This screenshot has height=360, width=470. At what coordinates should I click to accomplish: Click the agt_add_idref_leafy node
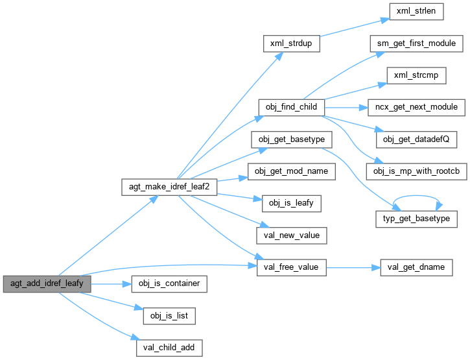pos(46,283)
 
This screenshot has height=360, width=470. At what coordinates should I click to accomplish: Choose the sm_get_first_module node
pos(416,43)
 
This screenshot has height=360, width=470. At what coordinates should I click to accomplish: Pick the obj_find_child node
pos(291,106)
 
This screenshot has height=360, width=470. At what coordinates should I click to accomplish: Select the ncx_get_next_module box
pos(416,106)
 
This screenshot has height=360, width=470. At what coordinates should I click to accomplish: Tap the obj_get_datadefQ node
pos(416,138)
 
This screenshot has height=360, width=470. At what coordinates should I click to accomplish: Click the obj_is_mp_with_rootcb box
pos(416,170)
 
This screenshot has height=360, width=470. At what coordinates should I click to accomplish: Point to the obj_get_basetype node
pos(291,138)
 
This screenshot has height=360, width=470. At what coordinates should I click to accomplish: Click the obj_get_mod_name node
pos(291,170)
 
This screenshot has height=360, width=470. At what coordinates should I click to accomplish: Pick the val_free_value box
pos(291,265)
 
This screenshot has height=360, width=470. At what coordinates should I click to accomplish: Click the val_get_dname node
pos(416,265)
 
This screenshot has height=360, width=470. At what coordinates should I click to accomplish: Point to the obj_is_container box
pos(169,283)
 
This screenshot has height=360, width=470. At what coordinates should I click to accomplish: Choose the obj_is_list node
pos(169,315)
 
